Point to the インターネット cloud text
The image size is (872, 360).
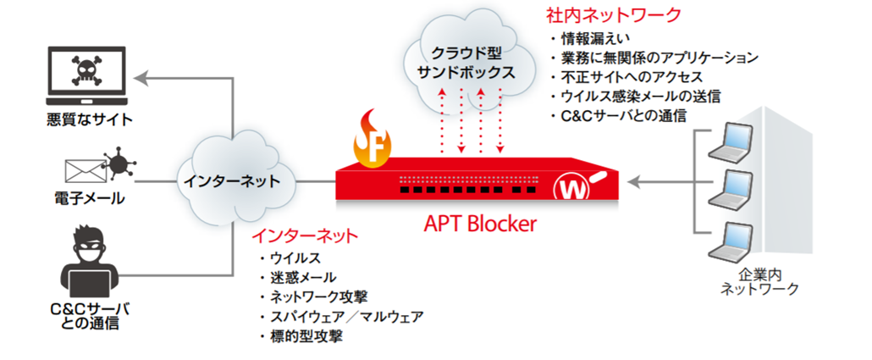230,181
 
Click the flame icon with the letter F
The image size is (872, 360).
373,143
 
